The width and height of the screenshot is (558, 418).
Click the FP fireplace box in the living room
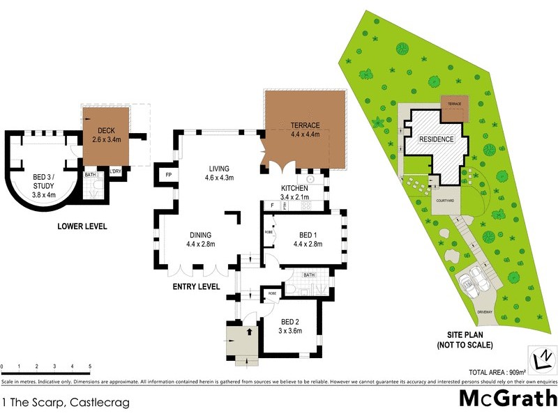168,175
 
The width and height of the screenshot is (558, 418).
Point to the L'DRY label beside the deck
114,171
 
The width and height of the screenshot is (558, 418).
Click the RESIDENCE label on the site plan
437,139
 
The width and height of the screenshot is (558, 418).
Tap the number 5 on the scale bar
90,366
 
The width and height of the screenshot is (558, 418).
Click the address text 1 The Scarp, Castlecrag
66,402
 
